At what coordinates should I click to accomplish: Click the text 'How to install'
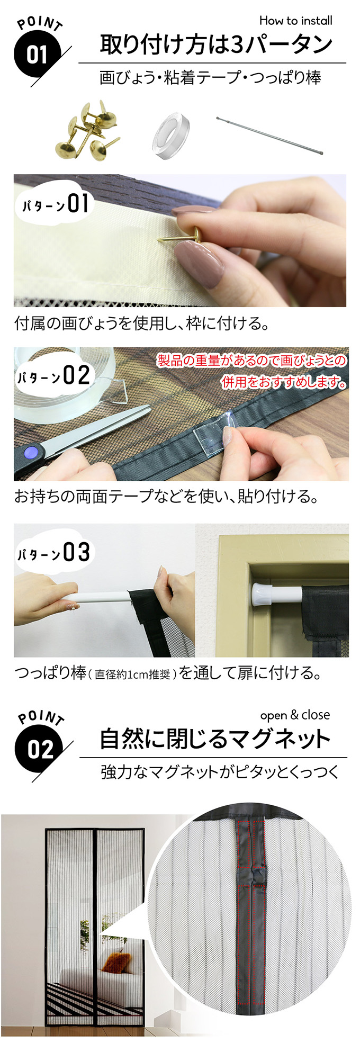(x=295, y=21)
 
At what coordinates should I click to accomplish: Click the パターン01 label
(x=55, y=204)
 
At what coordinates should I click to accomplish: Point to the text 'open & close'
(x=295, y=715)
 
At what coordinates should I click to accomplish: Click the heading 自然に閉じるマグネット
(x=215, y=739)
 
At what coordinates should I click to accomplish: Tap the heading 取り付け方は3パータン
(x=216, y=44)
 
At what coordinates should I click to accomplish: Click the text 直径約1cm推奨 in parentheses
(x=132, y=675)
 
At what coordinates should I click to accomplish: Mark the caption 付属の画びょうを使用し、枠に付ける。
(x=141, y=323)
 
